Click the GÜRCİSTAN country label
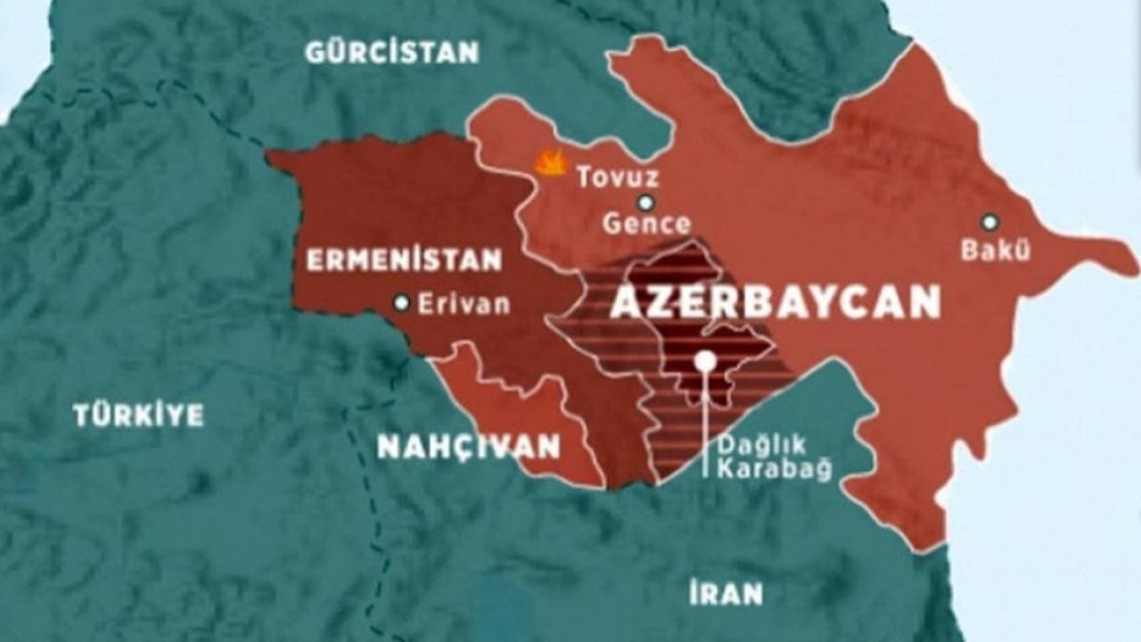pos(391,52)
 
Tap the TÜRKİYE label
pos(138,415)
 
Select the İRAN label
pos(726,592)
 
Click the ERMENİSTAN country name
pos(404,260)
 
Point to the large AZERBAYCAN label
pos(775,303)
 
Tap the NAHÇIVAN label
pos(468,446)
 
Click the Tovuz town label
pos(617,177)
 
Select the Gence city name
pos(646,224)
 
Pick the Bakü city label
pos(995,251)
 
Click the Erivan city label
pos(464,304)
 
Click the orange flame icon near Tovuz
pos(551,162)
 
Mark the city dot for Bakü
pos(989,221)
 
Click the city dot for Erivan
pos(402,303)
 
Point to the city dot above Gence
pos(645,202)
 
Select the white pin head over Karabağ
pos(705,360)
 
